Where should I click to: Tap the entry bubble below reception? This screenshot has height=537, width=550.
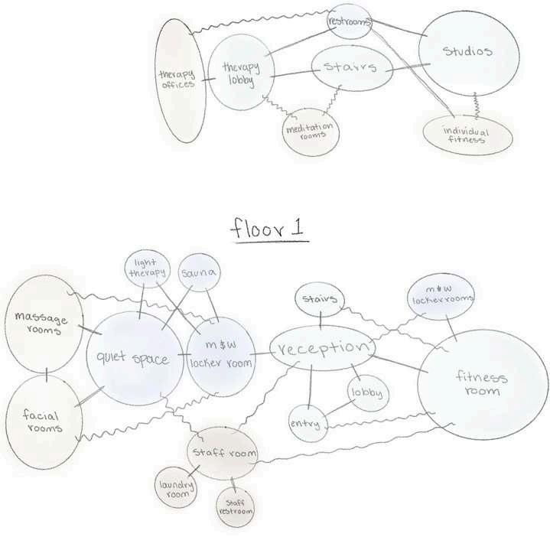click(305, 423)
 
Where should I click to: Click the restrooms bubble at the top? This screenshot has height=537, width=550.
click(348, 23)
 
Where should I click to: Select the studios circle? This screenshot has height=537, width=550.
click(467, 52)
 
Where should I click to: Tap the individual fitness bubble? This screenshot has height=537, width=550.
click(465, 135)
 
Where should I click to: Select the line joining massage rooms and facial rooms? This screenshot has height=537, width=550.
click(47, 374)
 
